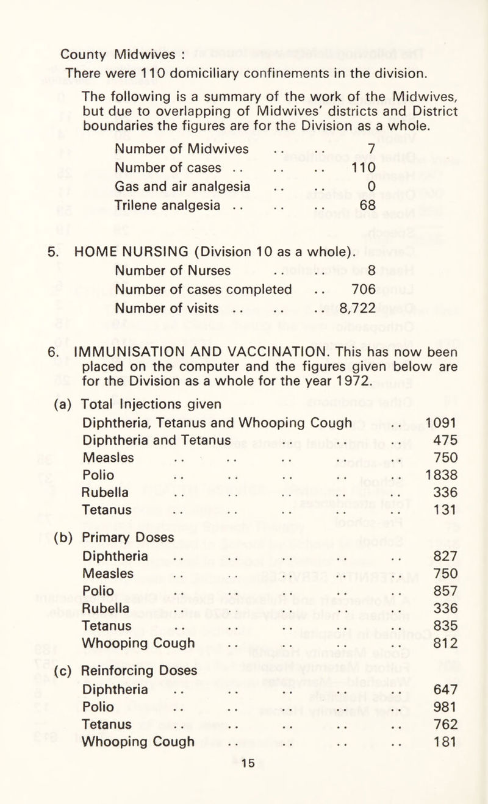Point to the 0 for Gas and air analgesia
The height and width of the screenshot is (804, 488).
tap(370, 186)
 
